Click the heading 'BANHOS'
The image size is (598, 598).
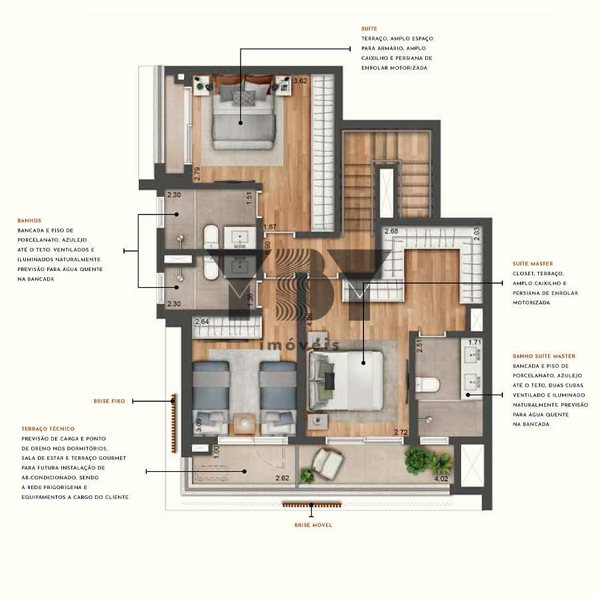[x=29, y=220]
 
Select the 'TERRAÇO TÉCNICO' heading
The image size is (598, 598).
[x=48, y=429]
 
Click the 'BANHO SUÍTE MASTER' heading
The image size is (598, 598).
[x=544, y=356]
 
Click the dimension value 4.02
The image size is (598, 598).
[x=440, y=478]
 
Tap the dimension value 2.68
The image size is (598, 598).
[x=391, y=231]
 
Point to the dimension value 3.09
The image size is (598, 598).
[x=197, y=420]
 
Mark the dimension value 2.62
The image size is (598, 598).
[x=282, y=477]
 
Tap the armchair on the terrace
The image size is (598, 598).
[x=328, y=463]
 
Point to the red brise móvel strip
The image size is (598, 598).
[x=311, y=504]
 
